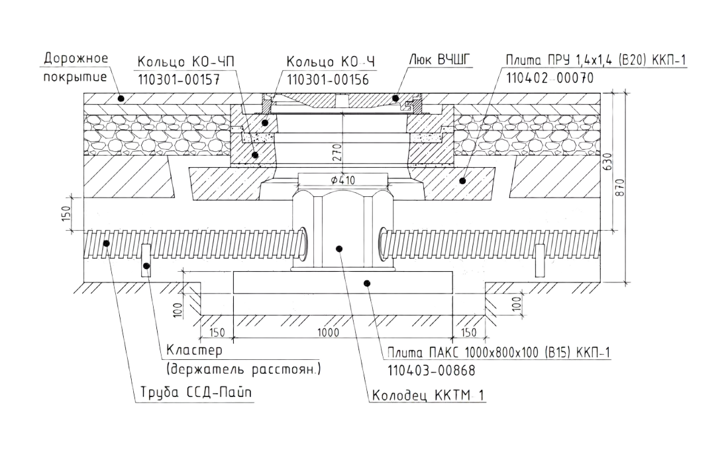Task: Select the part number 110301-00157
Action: coord(178,79)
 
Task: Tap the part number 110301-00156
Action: coord(327,79)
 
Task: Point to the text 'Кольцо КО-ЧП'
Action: coord(186,62)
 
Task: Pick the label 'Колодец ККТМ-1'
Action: coord(429,396)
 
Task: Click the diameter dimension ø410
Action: coord(342,179)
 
